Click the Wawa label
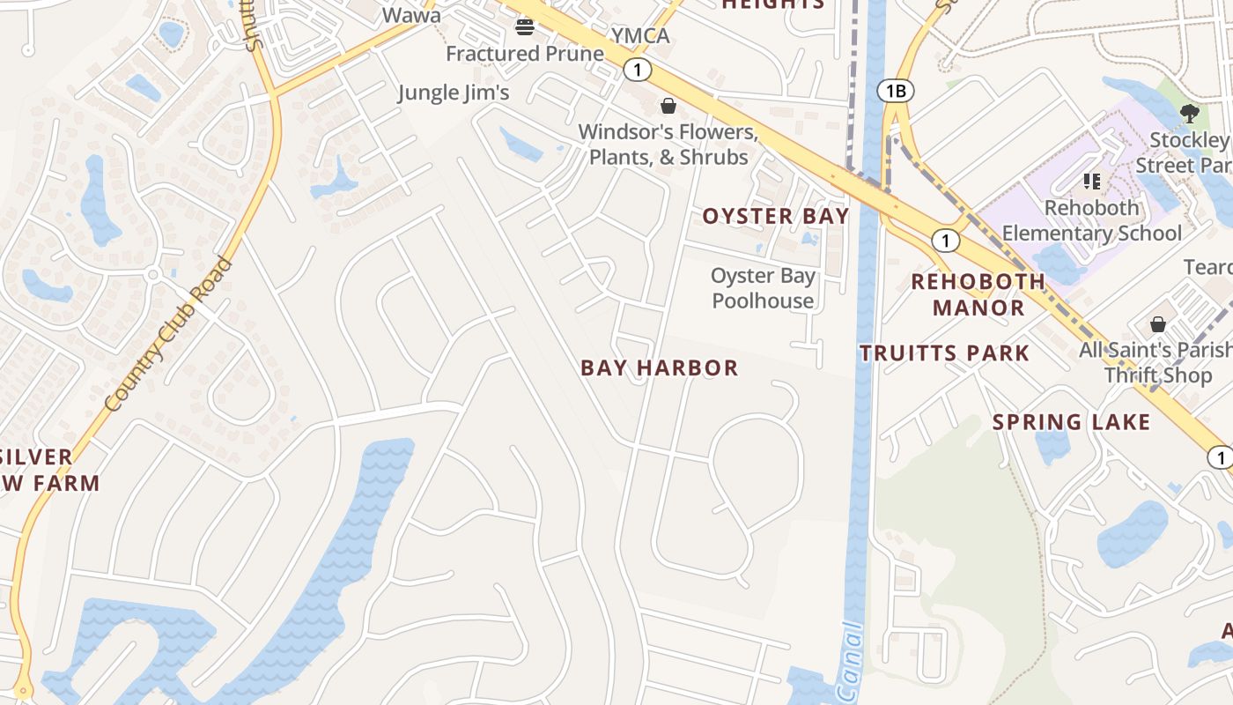pyautogui.click(x=411, y=15)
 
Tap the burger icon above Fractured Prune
pyautogui.click(x=525, y=26)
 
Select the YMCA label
pyautogui.click(x=640, y=36)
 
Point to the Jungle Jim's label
pyautogui.click(x=454, y=93)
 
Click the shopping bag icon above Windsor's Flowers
pyautogui.click(x=668, y=107)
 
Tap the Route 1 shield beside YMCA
pyautogui.click(x=637, y=70)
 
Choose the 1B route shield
pyautogui.click(x=896, y=90)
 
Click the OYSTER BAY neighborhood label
pyautogui.click(x=775, y=217)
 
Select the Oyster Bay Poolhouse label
pyautogui.click(x=763, y=288)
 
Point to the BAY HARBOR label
pyautogui.click(x=659, y=368)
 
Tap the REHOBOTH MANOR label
pyautogui.click(x=978, y=294)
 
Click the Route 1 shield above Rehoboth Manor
pyautogui.click(x=945, y=240)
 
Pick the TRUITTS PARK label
pyautogui.click(x=944, y=354)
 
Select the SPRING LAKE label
pyautogui.click(x=1071, y=422)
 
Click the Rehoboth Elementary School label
pyautogui.click(x=1092, y=221)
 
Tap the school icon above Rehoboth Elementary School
pyautogui.click(x=1092, y=182)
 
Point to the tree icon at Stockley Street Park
pyautogui.click(x=1189, y=113)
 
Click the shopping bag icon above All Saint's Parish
pyautogui.click(x=1158, y=324)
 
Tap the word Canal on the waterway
pyautogui.click(x=849, y=663)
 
